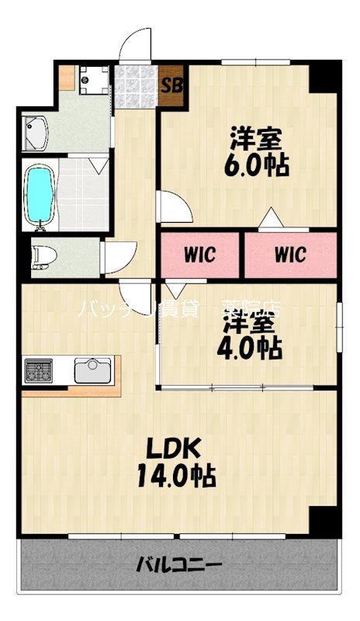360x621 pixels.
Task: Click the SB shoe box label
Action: [x=171, y=84]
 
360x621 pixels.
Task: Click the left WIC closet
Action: [x=199, y=254]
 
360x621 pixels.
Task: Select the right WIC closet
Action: [x=290, y=254]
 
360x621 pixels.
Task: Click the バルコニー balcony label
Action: [x=180, y=564]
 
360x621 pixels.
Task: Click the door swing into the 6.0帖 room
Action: [x=173, y=208]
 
